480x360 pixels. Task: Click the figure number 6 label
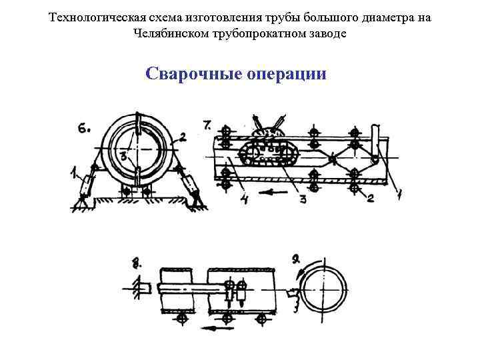coord(84,129)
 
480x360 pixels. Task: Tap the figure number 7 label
coord(207,124)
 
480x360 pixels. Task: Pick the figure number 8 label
coord(138,261)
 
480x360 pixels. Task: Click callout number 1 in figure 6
coord(73,175)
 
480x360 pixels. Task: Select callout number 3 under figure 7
coord(303,199)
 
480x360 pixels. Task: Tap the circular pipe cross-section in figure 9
coord(323,292)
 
